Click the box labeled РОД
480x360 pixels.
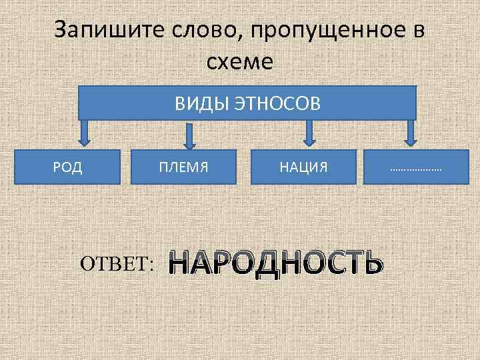click(67, 166)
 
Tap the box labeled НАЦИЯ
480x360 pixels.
click(304, 166)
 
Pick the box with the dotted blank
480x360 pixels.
click(416, 166)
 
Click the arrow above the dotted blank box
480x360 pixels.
click(411, 132)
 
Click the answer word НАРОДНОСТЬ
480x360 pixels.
click(275, 263)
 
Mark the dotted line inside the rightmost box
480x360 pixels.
click(416, 169)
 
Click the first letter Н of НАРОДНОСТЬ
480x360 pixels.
click(180, 263)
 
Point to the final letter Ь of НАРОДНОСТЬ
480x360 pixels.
click(373, 263)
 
